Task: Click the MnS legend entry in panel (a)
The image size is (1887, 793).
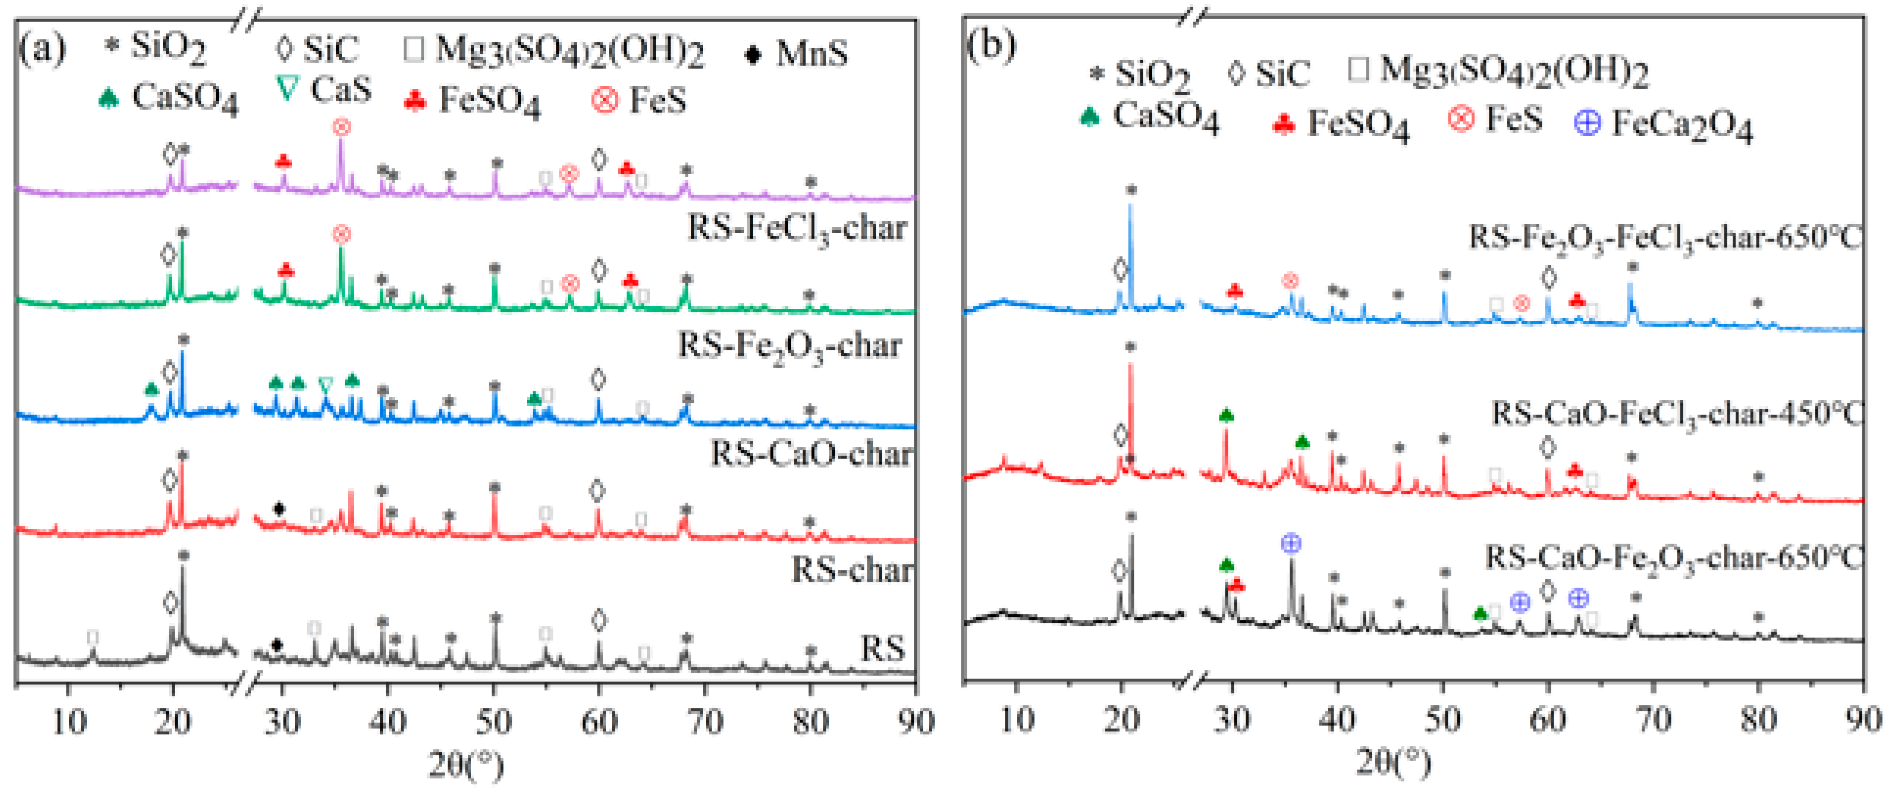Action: [797, 53]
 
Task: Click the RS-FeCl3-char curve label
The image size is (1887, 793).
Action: [797, 228]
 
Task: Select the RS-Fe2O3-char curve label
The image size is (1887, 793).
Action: [790, 345]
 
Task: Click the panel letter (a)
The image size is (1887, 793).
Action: [42, 48]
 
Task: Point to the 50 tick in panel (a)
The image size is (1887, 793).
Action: [493, 721]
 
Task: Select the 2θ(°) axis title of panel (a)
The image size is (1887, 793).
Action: [466, 765]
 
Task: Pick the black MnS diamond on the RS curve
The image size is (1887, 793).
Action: [277, 645]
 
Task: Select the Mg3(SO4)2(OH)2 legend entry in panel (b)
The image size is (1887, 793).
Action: [1497, 71]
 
